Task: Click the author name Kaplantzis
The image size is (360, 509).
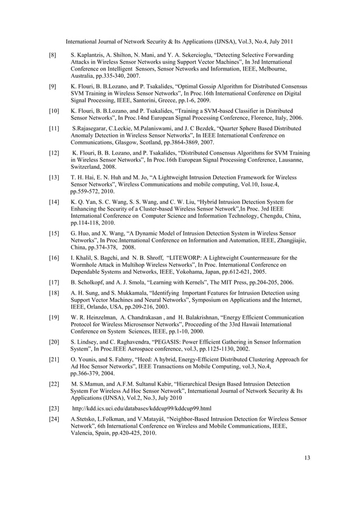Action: point(91,55)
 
